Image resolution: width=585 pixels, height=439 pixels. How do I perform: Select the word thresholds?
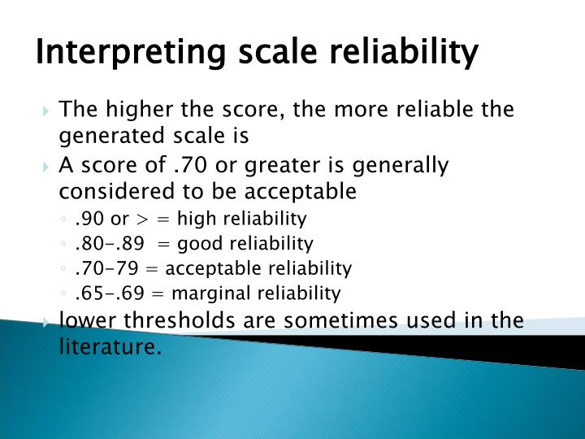[169, 320]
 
